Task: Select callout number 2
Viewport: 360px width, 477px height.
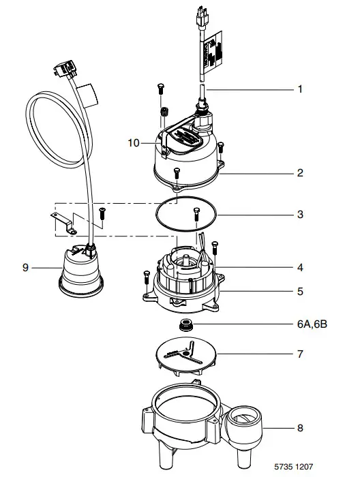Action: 299,173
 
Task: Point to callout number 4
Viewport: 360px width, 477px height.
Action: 299,267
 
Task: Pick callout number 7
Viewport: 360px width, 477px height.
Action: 299,354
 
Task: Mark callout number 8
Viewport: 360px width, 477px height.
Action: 299,429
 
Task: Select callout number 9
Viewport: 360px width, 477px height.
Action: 25,268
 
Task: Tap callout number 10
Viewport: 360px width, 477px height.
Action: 134,143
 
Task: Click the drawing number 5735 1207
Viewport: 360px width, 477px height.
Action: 313,468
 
